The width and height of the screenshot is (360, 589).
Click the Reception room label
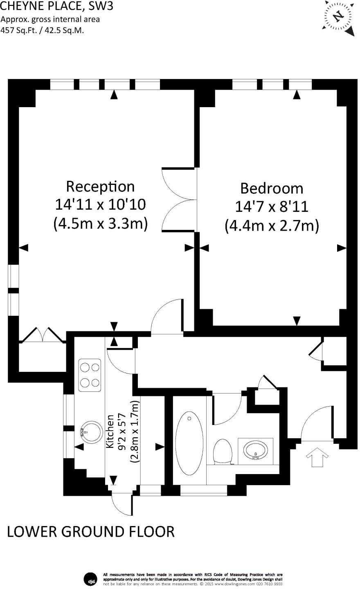pos(100,187)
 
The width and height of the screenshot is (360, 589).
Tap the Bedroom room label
pos(272,189)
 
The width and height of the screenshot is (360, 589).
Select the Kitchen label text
pos(110,431)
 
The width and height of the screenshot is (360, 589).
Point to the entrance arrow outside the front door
pos(316,456)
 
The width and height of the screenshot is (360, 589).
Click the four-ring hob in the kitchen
pos(90,375)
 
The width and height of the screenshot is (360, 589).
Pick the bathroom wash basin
pos(255,451)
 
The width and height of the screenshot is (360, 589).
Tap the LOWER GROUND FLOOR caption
pos(91,531)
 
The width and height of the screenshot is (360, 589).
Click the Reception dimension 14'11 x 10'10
pos(100,205)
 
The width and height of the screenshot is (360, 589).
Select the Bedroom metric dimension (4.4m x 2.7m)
pos(272,225)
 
